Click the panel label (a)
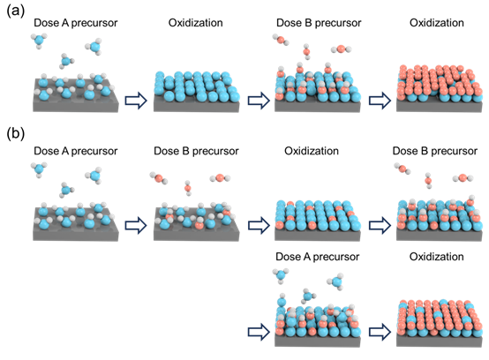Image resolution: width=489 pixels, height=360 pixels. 15,11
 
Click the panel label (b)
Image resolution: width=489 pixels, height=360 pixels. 15,134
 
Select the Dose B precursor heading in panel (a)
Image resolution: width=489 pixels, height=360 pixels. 319,23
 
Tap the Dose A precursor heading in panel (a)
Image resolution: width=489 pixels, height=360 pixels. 76,23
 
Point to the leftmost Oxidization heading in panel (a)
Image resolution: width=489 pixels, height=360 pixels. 196,23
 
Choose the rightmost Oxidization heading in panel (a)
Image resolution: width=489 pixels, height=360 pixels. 437,23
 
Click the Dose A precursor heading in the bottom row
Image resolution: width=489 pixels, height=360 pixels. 318,257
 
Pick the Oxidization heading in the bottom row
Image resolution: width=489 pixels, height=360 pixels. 437,257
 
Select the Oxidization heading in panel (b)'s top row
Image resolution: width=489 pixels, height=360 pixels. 312,151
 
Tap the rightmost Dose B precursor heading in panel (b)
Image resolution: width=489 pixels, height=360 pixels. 435,151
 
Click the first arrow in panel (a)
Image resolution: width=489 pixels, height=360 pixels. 136,101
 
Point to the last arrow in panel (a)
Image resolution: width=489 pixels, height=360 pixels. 380,101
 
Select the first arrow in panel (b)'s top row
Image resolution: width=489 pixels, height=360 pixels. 136,225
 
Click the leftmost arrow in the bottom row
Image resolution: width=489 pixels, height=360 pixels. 259,332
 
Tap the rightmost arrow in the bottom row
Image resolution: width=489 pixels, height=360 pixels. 380,332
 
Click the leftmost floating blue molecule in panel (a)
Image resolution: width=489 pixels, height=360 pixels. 39,41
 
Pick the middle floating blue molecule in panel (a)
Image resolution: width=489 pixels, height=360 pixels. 66,61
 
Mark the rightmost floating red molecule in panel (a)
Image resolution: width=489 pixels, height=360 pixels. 341,49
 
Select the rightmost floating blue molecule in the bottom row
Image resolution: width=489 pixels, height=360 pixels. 336,281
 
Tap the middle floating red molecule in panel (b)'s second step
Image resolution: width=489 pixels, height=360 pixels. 188,188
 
